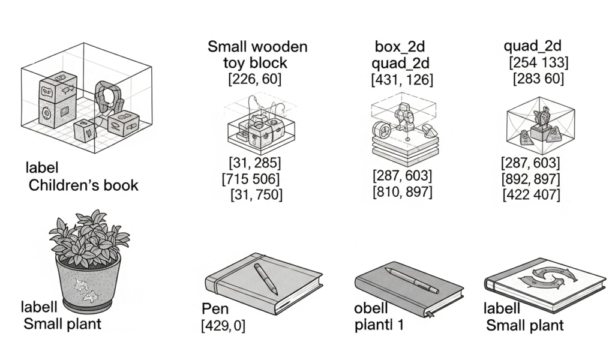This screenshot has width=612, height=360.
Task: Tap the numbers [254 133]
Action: tap(538, 62)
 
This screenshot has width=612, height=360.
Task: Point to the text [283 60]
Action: tap(538, 79)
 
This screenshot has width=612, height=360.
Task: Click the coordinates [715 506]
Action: tap(251, 178)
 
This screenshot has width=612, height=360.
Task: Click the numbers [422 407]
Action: tap(530, 194)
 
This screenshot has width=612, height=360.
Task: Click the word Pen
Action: tap(215, 310)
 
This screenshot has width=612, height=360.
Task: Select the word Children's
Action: tap(58, 185)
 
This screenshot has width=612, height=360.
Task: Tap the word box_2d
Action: tap(402, 46)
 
